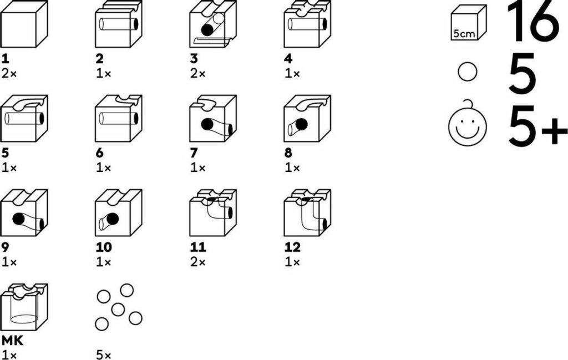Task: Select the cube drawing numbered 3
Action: [x=213, y=26]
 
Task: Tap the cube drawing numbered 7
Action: [x=213, y=119]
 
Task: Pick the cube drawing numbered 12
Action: [x=307, y=213]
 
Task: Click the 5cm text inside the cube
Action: [x=464, y=33]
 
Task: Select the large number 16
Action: [x=533, y=22]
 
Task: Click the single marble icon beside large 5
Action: [x=468, y=73]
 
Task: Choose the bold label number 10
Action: [x=104, y=247]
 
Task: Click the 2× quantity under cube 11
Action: [x=198, y=262]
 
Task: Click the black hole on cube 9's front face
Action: [x=19, y=219]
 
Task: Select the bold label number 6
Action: [x=100, y=153]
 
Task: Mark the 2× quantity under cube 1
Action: [x=9, y=73]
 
